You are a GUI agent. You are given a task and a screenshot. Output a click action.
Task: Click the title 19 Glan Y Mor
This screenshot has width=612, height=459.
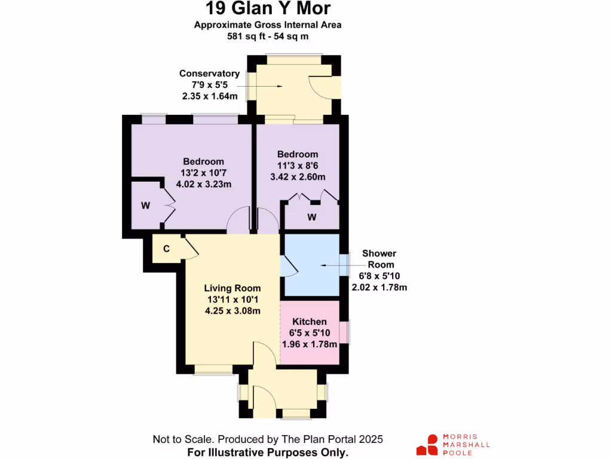point(267,9)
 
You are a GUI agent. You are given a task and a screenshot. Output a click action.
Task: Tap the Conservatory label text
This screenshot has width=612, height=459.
point(209,74)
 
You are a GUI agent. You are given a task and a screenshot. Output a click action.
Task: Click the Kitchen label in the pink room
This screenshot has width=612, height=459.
point(310,322)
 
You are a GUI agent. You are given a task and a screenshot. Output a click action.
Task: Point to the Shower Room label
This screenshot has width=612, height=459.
point(379,259)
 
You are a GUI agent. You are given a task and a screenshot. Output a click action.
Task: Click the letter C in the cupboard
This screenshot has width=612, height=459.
point(167,248)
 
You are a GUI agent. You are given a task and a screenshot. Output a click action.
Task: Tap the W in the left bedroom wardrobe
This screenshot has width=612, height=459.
point(145,206)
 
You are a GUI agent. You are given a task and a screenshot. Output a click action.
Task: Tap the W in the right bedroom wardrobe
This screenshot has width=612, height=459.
point(311,217)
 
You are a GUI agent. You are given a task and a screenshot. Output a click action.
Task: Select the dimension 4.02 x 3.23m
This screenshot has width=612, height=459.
point(203,184)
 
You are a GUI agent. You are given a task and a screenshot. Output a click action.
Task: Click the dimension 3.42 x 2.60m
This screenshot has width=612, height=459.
point(297,177)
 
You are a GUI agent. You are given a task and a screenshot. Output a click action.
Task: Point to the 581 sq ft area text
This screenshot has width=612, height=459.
point(267,36)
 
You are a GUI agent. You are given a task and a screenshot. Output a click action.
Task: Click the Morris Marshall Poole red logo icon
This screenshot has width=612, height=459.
point(427,445)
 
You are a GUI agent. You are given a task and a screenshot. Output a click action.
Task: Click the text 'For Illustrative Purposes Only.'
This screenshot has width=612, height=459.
point(267,452)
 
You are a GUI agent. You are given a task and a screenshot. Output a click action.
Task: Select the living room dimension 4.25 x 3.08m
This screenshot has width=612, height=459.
point(232,310)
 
